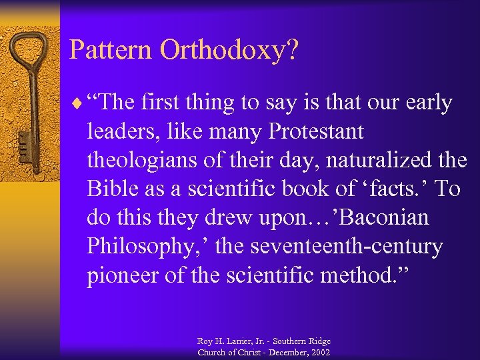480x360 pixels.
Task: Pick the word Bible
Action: coord(109,189)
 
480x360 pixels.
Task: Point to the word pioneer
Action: coord(122,275)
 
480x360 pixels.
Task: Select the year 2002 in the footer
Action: coord(319,352)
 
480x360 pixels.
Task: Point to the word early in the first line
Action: coord(425,103)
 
